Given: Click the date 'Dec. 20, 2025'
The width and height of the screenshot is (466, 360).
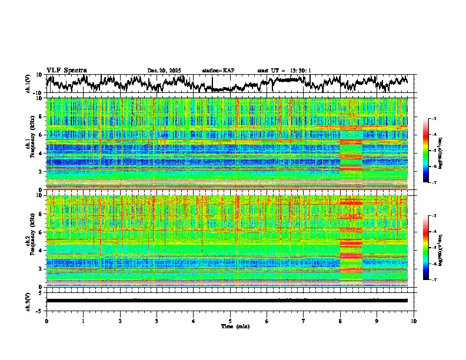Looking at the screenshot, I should [x=164, y=71].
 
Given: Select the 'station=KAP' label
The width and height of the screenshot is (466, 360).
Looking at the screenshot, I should [x=218, y=71].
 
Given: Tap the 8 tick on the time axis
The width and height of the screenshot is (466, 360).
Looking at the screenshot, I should [x=340, y=321].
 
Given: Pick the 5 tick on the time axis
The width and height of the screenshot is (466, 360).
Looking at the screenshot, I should [x=230, y=321].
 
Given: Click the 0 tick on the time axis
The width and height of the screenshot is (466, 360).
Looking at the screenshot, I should [x=46, y=321].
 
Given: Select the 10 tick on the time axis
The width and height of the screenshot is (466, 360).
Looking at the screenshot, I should [x=414, y=321].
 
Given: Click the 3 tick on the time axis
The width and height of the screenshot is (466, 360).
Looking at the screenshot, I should [x=157, y=321].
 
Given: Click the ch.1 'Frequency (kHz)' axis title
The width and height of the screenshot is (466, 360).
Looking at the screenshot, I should [x=33, y=144].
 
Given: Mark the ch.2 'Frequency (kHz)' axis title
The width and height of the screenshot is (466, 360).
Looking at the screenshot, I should [x=33, y=241].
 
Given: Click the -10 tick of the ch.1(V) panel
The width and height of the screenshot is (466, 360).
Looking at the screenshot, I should [x=38, y=93].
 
